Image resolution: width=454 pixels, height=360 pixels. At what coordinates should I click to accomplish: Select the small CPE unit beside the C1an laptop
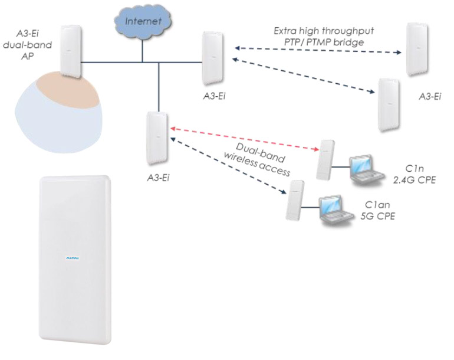292,202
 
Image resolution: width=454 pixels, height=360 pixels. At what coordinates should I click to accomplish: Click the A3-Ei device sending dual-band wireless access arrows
156,140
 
